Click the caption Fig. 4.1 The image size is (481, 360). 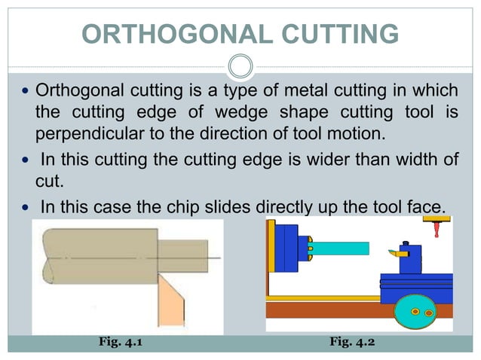tap(121, 343)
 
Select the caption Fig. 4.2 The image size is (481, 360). tap(352, 343)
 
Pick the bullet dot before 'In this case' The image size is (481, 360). tap(26, 206)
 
